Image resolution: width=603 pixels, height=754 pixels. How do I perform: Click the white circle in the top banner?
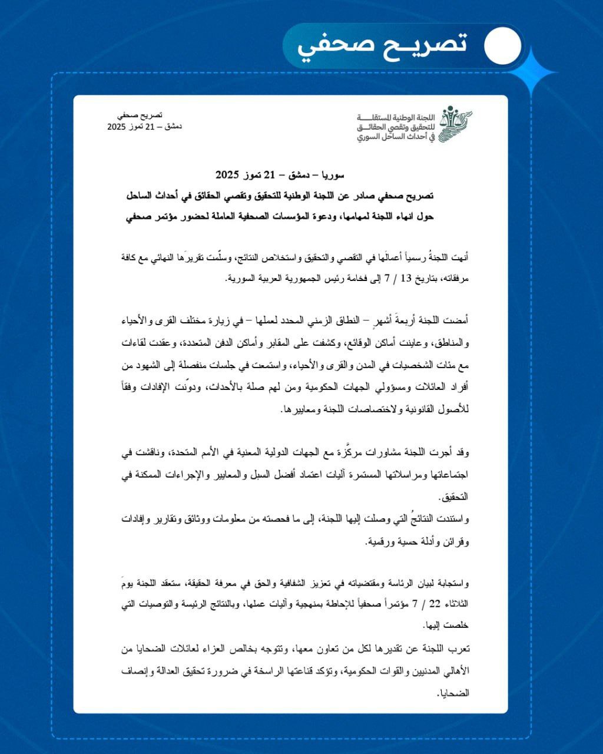(502, 46)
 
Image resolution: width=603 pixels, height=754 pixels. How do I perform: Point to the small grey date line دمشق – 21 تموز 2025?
(144, 127)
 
